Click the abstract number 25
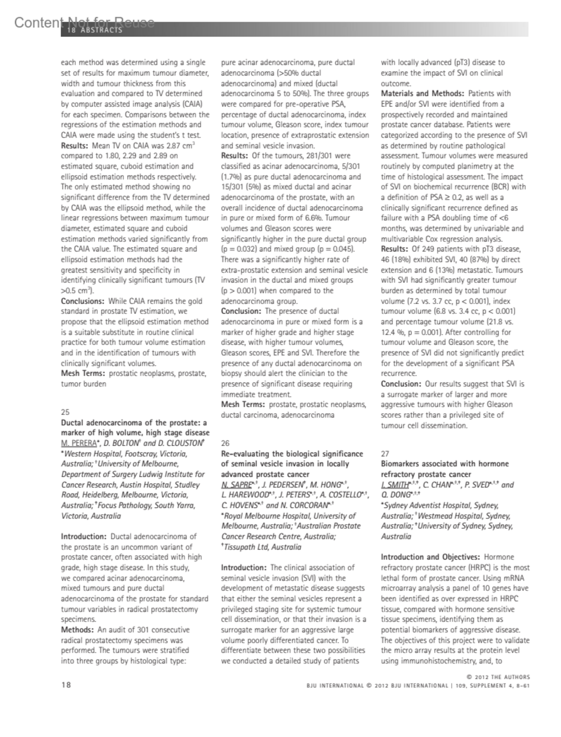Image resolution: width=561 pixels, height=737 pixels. click(x=65, y=412)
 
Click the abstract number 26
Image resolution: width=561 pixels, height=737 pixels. click(x=225, y=443)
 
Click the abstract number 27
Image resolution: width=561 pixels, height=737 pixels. click(x=385, y=454)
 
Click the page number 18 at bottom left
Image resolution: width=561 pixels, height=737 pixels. click(x=66, y=685)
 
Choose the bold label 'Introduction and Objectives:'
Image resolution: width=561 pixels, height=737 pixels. click(x=430, y=557)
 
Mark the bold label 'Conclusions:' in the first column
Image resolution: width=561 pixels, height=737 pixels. click(x=82, y=301)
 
